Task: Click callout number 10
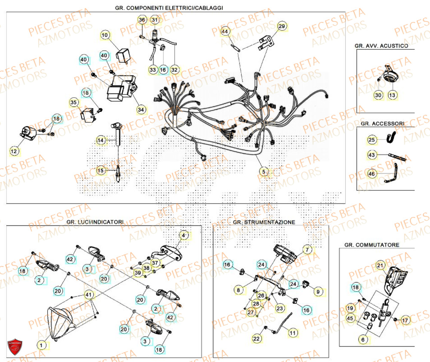(106, 34)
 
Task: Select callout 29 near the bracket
(281, 27)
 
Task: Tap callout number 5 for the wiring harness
(264, 171)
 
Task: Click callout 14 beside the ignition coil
(101, 140)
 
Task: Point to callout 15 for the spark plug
(100, 170)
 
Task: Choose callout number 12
(15, 151)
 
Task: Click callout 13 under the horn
(392, 95)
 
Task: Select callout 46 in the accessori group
(372, 173)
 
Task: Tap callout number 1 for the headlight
(41, 345)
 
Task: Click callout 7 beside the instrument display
(307, 250)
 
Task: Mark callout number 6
(363, 340)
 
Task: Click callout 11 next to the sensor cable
(292, 333)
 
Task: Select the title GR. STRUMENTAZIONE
(264, 222)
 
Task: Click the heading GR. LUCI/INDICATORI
(95, 222)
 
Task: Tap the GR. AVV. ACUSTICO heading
(381, 45)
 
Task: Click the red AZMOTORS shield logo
(15, 347)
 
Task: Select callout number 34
(141, 110)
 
